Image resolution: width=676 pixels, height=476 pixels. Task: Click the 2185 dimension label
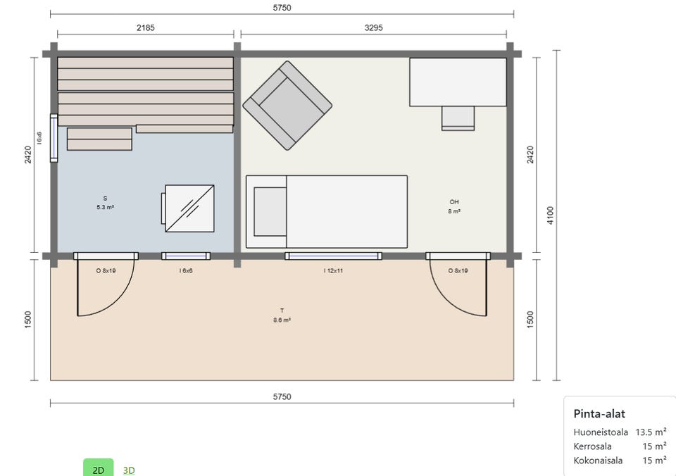coord(145,27)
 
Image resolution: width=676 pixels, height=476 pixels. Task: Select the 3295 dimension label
coord(373,27)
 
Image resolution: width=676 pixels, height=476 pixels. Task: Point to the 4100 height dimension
coord(550,215)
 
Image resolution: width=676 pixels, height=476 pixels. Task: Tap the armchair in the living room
coord(287,105)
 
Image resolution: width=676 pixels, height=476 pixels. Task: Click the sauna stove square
coord(189,208)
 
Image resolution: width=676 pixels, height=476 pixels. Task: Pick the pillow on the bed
coord(270,212)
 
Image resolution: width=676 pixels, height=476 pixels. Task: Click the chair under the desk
coord(458,118)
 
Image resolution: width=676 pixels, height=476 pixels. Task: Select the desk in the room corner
coord(458,82)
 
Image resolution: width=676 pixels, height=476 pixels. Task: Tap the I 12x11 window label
coord(333,271)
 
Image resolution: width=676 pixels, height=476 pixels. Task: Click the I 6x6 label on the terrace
coord(186,271)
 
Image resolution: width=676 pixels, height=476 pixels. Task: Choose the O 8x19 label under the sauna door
coord(106,271)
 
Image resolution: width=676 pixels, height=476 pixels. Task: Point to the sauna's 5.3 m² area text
coord(105,208)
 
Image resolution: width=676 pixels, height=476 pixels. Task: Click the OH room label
coord(454,202)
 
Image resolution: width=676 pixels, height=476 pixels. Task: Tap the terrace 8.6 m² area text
coord(282,320)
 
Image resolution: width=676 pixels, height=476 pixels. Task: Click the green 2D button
coord(99,469)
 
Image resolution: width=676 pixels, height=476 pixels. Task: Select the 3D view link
coord(129,470)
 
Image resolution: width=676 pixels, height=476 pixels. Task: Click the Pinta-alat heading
coord(599,414)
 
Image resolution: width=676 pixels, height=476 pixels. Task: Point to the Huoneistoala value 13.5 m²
coord(651,432)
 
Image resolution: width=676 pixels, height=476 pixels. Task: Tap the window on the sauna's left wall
coord(54,138)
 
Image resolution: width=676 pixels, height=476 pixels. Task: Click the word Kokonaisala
coord(598,461)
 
